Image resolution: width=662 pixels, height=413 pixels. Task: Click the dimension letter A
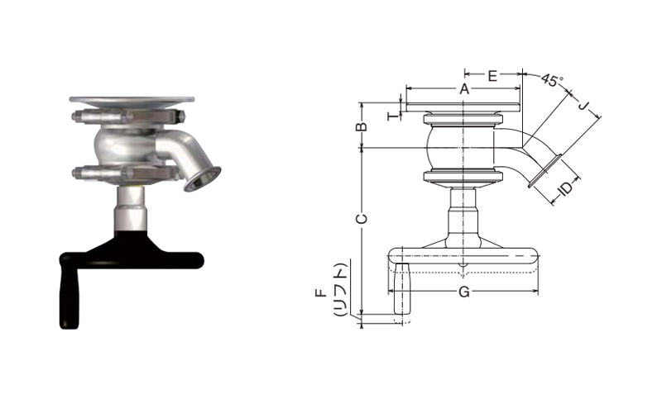[464, 89]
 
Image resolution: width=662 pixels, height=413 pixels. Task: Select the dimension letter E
[492, 76]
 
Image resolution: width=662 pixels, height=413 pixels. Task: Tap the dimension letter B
[362, 126]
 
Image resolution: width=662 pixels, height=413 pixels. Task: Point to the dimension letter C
[362, 219]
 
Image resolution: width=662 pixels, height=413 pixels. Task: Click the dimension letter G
[464, 292]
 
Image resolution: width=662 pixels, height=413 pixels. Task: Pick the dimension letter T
[394, 115]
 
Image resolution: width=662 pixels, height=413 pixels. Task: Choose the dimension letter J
[583, 106]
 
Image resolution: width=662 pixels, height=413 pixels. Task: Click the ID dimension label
[565, 188]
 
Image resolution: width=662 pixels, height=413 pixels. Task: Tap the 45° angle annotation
[552, 79]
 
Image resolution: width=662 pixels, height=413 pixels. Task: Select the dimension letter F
[321, 292]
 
